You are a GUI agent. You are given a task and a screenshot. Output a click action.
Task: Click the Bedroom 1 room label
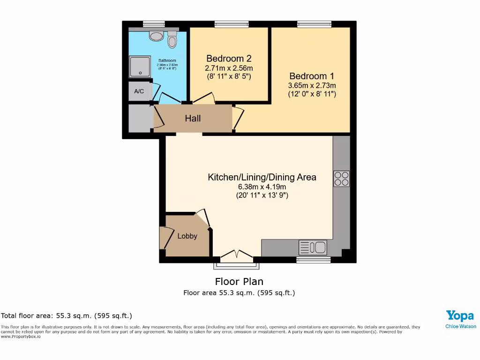312,76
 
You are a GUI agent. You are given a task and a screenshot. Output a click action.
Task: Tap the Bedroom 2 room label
229,59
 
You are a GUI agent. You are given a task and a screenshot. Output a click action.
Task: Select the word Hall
193,119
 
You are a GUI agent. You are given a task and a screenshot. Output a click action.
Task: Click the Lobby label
187,236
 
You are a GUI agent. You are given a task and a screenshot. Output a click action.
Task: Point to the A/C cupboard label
139,91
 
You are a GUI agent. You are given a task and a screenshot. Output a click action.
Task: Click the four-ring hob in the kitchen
341,178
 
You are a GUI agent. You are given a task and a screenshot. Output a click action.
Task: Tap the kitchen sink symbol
313,247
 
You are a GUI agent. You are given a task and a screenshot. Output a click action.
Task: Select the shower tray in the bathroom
140,66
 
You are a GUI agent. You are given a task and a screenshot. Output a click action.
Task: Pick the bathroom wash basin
155,36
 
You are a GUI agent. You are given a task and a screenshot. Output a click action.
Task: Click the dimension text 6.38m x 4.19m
262,187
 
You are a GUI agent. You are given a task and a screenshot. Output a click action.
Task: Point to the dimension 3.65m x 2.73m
312,85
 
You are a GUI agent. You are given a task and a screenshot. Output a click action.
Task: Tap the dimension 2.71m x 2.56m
229,68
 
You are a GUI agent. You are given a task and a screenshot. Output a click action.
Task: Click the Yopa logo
460,315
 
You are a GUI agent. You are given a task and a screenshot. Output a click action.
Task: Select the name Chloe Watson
460,326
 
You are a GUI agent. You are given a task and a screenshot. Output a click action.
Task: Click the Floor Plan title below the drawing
239,282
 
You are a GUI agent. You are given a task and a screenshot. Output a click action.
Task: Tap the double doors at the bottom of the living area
237,256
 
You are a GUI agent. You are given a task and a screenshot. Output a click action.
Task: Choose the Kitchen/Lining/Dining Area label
262,177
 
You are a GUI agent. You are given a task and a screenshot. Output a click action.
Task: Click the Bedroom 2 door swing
204,98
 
